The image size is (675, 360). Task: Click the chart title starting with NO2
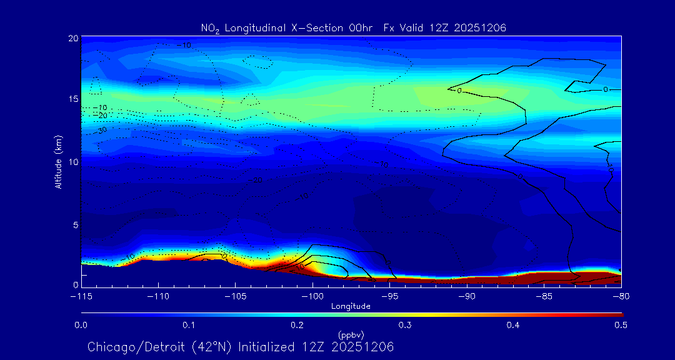(353, 27)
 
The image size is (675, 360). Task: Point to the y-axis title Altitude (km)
(58, 162)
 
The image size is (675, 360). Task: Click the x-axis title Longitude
(351, 306)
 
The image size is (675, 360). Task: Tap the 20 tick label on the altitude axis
(72, 38)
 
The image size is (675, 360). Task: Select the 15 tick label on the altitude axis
(72, 99)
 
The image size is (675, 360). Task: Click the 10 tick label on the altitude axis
(72, 162)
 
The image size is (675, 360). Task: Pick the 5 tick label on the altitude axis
(74, 224)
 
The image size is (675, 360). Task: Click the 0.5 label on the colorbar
(621, 325)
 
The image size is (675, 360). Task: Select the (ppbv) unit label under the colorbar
(351, 334)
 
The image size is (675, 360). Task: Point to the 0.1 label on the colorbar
(189, 325)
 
